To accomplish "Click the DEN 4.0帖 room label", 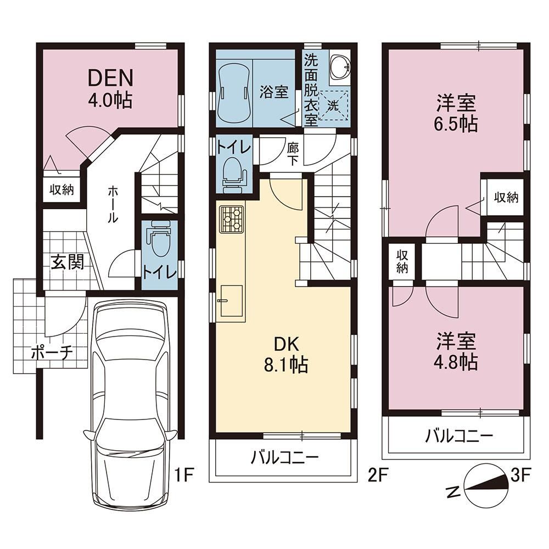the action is click(x=110, y=88).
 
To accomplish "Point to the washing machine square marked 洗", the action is click(x=333, y=105).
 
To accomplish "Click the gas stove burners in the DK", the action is click(x=232, y=219).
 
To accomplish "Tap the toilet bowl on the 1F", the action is click(x=159, y=239).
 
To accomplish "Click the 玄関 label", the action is click(x=68, y=262).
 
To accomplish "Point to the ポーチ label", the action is click(x=52, y=353).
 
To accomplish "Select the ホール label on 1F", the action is click(x=113, y=204).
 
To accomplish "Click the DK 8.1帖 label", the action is click(x=285, y=355).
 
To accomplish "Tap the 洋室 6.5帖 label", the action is click(x=456, y=113).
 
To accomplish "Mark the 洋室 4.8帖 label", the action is click(x=456, y=351).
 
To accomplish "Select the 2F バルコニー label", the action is click(x=284, y=457).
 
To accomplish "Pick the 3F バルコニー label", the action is click(x=459, y=436).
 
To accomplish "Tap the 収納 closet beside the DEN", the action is click(x=61, y=190).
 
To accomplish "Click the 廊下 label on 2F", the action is click(x=293, y=154).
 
